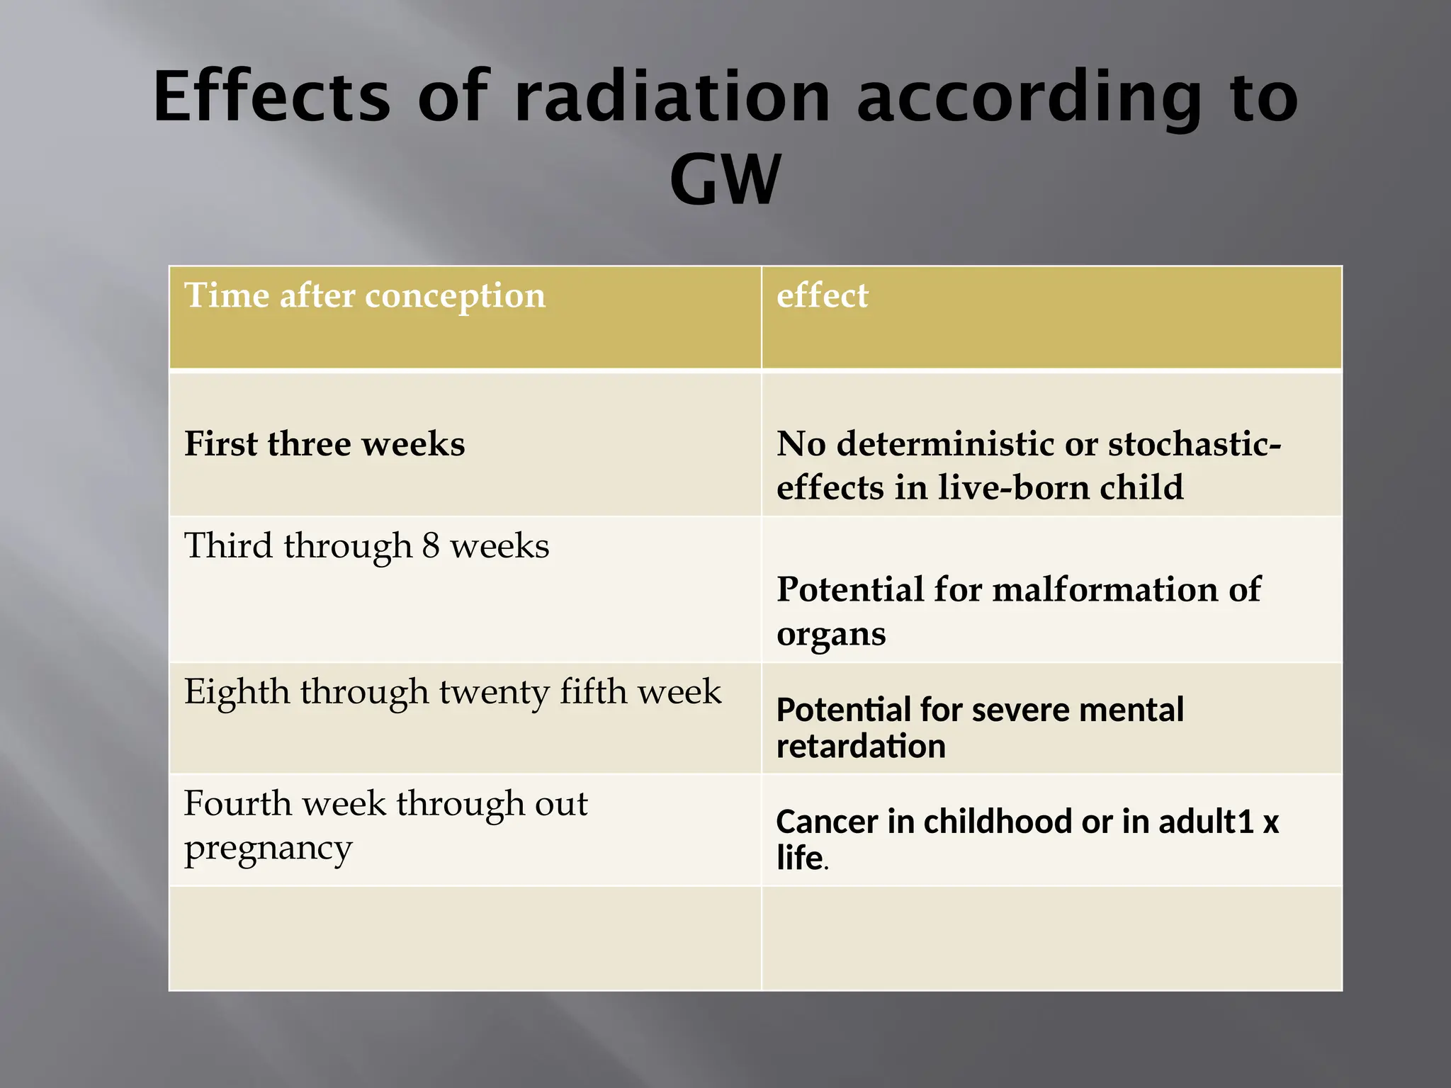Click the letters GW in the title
[725, 181]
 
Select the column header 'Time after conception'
[365, 295]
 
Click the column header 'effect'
[822, 295]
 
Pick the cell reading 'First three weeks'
[324, 444]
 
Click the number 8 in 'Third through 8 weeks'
[431, 546]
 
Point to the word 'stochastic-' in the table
[1195, 444]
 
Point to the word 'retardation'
[861, 747]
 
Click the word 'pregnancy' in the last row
[268, 849]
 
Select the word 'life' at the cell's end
[799, 858]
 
